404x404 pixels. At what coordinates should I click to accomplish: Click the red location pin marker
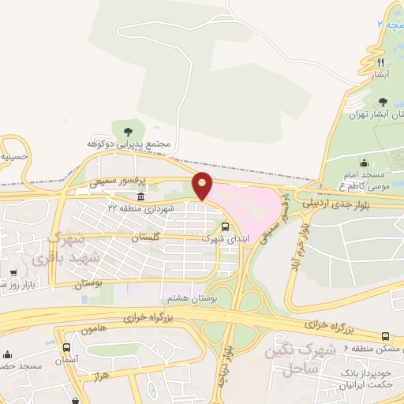203,185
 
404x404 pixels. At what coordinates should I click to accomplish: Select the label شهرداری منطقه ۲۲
140,208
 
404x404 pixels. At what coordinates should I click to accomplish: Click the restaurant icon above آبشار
380,62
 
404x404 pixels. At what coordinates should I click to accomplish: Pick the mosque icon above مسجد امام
365,163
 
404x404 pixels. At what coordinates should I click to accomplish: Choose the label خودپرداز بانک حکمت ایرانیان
370,378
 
